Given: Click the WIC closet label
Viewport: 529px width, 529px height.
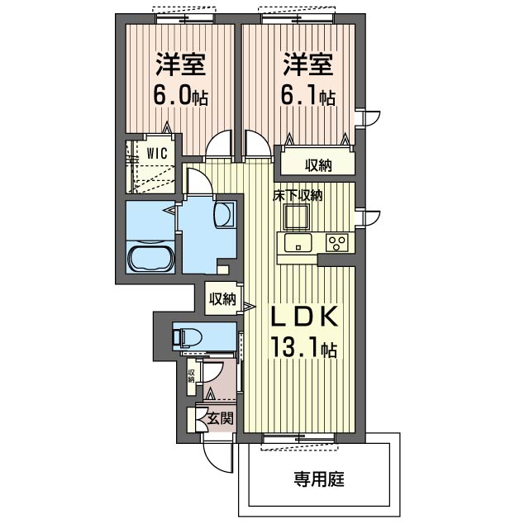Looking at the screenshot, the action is pos(157,154).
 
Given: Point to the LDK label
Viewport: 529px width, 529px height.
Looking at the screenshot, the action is pos(305,316).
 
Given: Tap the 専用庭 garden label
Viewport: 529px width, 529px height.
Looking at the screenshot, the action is pos(319,479).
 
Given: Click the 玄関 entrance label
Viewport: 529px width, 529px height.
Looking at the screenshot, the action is pos(221,419).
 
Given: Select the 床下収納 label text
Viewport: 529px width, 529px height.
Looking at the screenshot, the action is pos(298,195).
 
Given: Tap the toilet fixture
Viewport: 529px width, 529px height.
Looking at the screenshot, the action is pos(187,337).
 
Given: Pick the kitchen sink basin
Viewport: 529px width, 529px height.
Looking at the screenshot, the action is pos(298,242).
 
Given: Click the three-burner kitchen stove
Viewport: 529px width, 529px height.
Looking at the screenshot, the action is pos(336,243).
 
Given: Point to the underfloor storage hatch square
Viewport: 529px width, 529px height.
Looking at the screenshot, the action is pos(297,217).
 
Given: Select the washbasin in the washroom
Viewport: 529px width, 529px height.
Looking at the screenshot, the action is pos(224,216).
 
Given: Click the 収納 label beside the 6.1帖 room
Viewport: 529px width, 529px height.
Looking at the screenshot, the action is pos(319,165).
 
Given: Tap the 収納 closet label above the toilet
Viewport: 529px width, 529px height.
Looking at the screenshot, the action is pos(222,298).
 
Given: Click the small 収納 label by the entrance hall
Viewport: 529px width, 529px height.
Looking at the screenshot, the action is pos(191,376).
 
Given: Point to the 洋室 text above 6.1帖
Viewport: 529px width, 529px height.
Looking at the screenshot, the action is pos(308,64).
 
